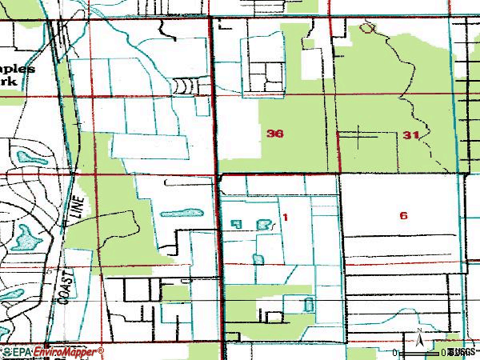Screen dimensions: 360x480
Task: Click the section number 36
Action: point(274,134)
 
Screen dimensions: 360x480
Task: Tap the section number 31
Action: point(411,135)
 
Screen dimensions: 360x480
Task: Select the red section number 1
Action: point(285,217)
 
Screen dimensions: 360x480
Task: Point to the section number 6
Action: point(403,215)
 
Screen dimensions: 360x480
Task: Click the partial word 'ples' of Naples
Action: point(20,69)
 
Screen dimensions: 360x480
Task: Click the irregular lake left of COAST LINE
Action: point(28,236)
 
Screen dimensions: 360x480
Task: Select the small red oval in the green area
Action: point(367,28)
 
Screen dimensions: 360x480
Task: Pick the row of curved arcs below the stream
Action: point(184,83)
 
